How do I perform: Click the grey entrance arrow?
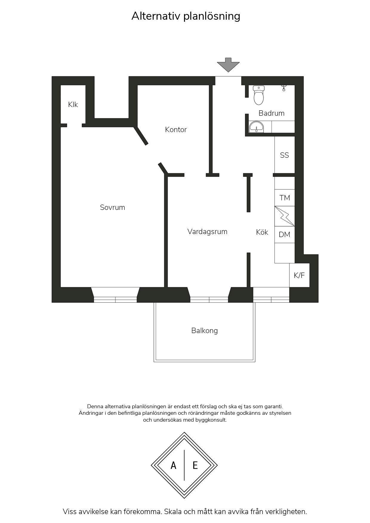click(x=228, y=65)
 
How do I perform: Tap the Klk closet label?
click(x=73, y=104)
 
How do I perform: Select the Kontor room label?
click(x=176, y=129)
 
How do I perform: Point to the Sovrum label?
click(x=112, y=207)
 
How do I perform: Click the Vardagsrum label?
click(x=207, y=231)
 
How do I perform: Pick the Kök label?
click(x=262, y=232)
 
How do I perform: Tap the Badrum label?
click(x=272, y=113)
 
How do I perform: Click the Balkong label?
click(x=204, y=331)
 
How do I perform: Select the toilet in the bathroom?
click(x=259, y=95)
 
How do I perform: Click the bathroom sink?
click(x=256, y=127)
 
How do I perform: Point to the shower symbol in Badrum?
click(x=284, y=88)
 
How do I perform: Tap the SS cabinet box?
click(x=285, y=155)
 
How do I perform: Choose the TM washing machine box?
click(x=285, y=198)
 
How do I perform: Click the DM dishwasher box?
click(x=285, y=235)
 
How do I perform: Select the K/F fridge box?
click(x=299, y=275)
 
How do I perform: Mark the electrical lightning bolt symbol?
click(x=285, y=216)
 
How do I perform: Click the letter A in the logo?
click(x=173, y=465)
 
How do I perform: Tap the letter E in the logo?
click(x=195, y=465)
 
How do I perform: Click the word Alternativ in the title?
click(x=156, y=16)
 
